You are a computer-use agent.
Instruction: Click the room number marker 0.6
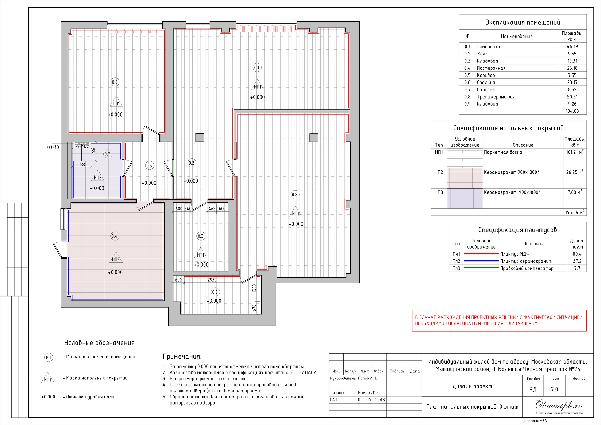(x=115, y=82)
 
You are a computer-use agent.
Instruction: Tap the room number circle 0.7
(x=107, y=154)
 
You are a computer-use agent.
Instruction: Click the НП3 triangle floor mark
(x=98, y=176)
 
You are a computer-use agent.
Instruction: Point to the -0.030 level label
(x=52, y=147)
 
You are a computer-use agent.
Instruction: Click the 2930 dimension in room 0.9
(x=212, y=280)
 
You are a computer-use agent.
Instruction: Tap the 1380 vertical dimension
(x=254, y=288)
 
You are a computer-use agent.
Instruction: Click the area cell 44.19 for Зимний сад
(x=572, y=46)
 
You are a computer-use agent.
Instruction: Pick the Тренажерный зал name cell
(x=496, y=97)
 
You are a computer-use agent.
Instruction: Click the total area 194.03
(x=572, y=111)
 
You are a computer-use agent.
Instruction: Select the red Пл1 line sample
(x=481, y=254)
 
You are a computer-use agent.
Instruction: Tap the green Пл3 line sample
(x=481, y=268)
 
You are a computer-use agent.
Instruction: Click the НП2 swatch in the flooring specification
(x=465, y=179)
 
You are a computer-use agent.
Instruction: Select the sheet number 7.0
(x=555, y=389)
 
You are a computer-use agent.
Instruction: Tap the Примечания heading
(x=182, y=356)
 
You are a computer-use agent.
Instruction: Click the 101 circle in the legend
(x=49, y=357)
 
